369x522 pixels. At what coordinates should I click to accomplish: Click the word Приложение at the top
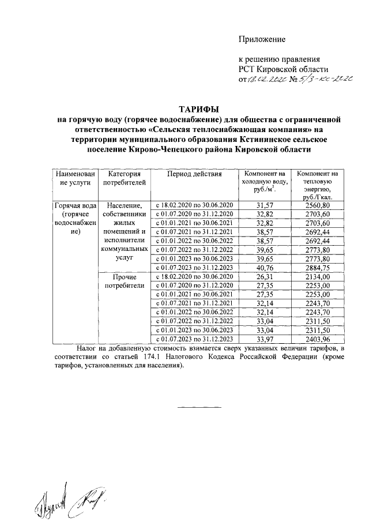262,39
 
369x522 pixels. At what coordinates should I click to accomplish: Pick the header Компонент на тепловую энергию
318,185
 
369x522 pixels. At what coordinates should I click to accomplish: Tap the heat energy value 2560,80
318,205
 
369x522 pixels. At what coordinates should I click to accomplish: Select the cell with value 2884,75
318,267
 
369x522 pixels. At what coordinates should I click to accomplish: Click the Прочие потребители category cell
122,281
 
